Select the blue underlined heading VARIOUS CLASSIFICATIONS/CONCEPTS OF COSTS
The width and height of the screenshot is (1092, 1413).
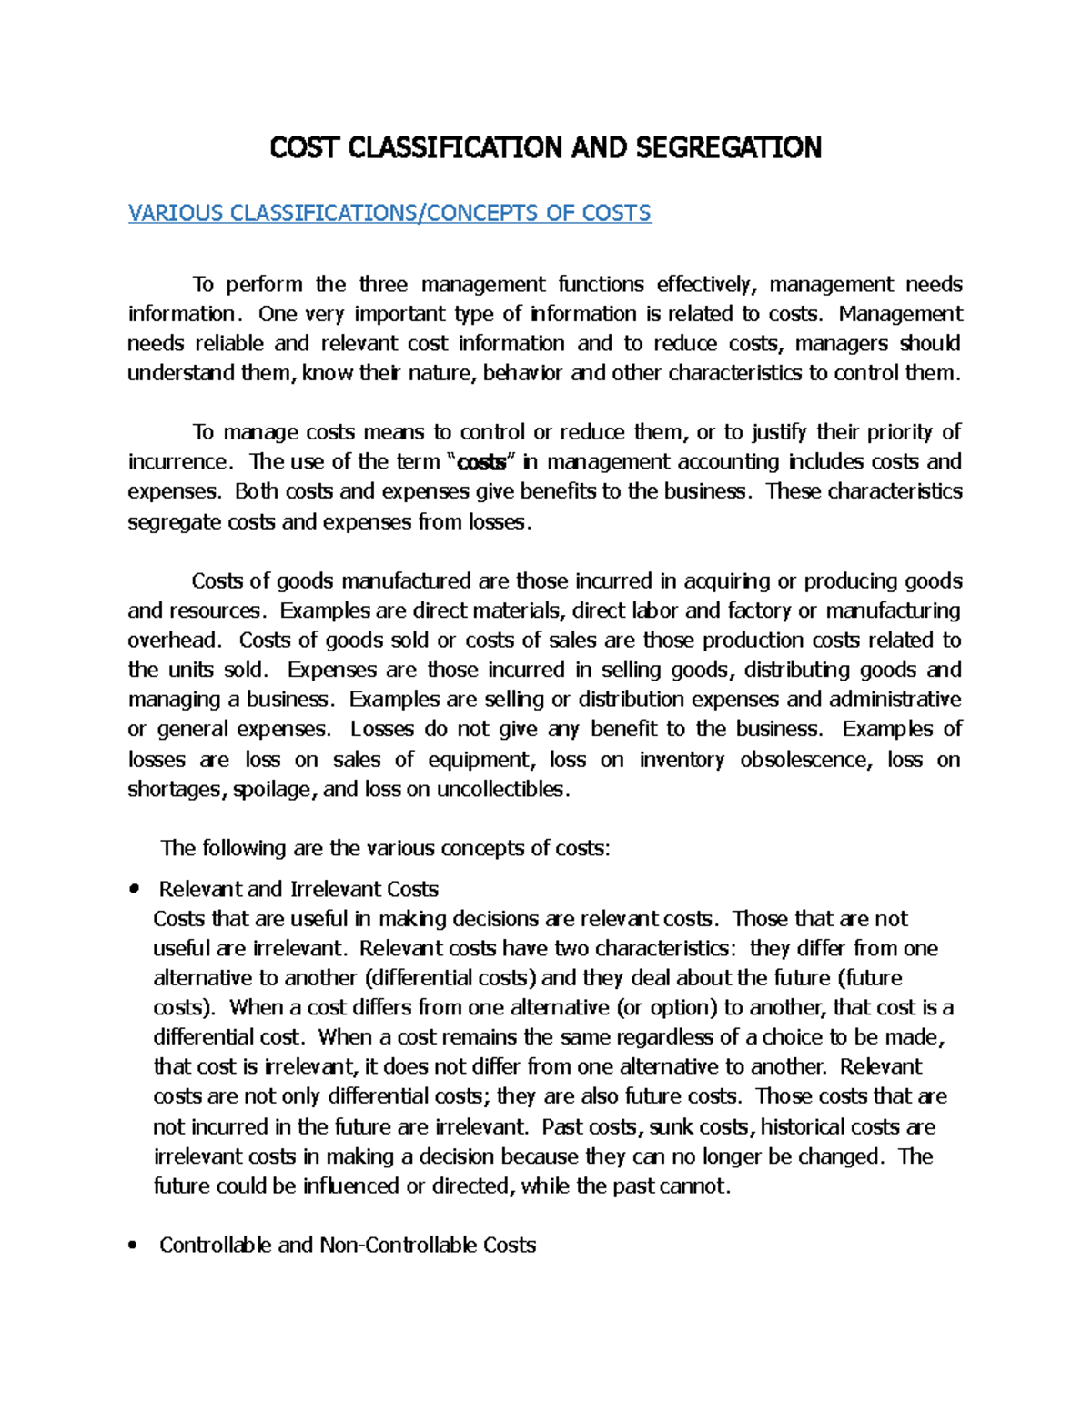pyautogui.click(x=389, y=213)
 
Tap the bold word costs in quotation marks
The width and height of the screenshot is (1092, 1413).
pyautogui.click(x=481, y=462)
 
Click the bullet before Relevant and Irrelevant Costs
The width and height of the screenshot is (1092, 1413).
pyautogui.click(x=134, y=889)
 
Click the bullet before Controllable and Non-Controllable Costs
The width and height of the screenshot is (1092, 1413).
pyautogui.click(x=134, y=1246)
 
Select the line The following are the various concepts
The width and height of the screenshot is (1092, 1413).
pyautogui.click(x=385, y=849)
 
